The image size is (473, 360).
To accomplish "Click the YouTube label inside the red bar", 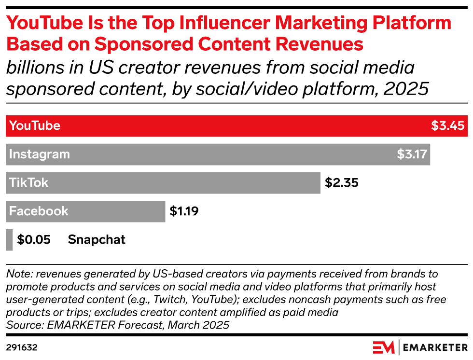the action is coord(35,125).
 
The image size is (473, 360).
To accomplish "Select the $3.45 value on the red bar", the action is coord(448,125).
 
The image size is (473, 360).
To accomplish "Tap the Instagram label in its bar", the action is coord(40,154).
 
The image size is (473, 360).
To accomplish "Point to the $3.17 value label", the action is coord(412,154).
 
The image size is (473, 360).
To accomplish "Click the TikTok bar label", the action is coord(28,182).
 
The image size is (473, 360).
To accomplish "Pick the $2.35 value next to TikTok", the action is coord(342,182).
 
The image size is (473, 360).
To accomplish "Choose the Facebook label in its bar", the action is coord(39,211).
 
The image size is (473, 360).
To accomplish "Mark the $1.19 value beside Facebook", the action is coord(184,211).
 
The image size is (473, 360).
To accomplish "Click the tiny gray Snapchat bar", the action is coord(9,240).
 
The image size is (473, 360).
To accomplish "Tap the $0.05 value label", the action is coord(34,239).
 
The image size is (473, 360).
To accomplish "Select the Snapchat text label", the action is coord(97,240).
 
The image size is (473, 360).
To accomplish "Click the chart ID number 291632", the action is coord(22,347).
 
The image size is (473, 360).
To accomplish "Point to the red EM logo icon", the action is coord(383,347).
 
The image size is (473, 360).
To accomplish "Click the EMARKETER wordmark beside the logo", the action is coord(435,347).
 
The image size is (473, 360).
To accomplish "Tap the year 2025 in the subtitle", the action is coord(406,89).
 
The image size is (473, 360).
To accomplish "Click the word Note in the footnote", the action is coord(20,274).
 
